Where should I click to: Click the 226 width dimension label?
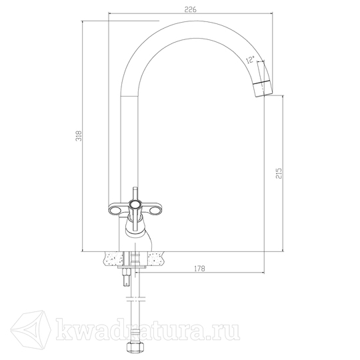[190, 9]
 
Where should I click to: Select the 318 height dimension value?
[79, 136]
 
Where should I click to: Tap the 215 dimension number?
[278, 173]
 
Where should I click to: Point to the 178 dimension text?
[199, 269]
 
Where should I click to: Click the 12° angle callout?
[250, 59]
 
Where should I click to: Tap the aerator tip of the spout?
[263, 89]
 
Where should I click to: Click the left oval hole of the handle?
[115, 209]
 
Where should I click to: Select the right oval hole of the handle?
[153, 209]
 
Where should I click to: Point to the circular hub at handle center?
[134, 204]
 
